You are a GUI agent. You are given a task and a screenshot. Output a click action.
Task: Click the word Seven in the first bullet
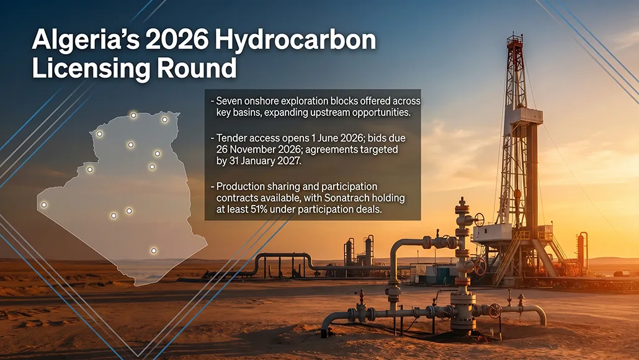pyautogui.click(x=229, y=101)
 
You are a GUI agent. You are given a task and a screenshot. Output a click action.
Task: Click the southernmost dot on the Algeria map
pyautogui.click(x=154, y=251)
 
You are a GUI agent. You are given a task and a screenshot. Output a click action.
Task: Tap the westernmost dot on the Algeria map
pyautogui.click(x=44, y=205)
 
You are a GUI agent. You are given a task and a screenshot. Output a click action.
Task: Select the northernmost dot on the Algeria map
pyautogui.click(x=133, y=115)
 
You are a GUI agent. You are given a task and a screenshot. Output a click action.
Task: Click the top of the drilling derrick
pyautogui.click(x=514, y=38)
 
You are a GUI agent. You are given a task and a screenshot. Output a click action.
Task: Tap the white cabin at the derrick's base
pyautogui.click(x=491, y=233)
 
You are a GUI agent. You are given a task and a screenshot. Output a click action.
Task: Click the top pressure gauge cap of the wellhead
pyautogui.click(x=462, y=202)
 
